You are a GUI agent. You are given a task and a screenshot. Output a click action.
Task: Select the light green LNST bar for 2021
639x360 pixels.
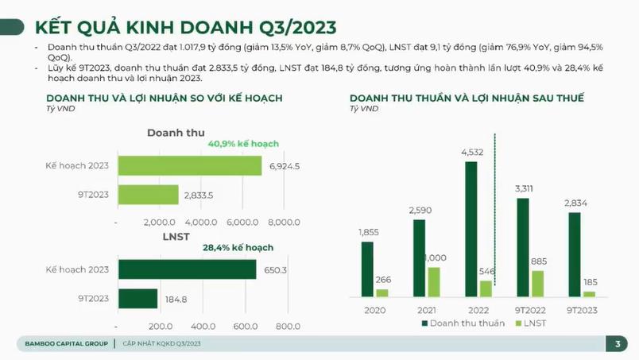433,281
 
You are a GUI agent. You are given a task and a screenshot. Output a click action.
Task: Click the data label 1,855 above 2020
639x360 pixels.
368,232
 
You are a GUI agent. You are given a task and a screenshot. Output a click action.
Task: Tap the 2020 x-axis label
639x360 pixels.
374,310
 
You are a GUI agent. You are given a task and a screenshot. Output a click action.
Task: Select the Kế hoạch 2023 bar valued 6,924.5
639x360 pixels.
190,165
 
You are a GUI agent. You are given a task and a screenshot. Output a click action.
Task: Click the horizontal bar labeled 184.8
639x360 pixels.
137,299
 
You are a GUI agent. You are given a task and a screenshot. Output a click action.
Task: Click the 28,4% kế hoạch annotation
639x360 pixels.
238,248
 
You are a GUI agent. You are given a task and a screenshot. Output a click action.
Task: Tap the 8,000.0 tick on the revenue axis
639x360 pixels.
284,222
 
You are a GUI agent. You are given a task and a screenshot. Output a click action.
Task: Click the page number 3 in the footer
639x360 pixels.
618,343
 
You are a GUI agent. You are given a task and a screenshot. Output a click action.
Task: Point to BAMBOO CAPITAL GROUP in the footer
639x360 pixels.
64,343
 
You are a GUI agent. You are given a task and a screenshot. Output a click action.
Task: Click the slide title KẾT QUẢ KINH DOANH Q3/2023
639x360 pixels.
184,28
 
